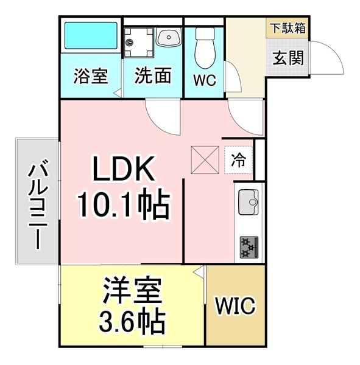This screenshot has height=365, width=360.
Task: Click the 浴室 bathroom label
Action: tap(91, 77)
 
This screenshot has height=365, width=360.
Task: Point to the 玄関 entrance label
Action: tap(287, 59)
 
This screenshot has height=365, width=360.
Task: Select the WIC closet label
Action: tap(235, 306)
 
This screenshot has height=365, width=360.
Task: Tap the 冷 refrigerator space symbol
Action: tap(239, 161)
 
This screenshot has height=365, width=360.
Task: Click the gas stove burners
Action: tap(249, 247)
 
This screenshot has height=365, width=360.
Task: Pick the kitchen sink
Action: tap(248, 202)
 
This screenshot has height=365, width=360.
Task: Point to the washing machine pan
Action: tap(138, 43)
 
